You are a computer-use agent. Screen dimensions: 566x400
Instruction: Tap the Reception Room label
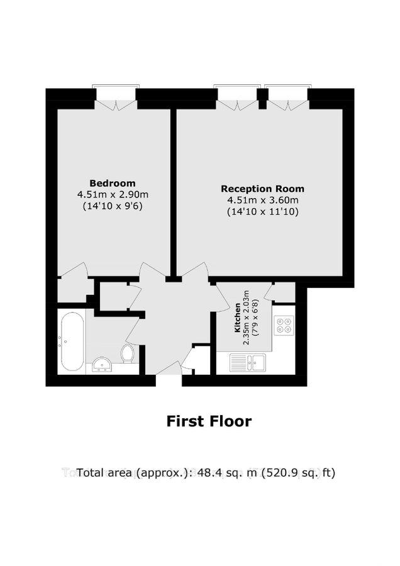click(x=262, y=189)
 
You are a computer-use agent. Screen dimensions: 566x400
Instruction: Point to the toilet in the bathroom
click(x=128, y=353)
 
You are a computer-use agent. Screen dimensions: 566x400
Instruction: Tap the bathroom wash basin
click(x=101, y=364)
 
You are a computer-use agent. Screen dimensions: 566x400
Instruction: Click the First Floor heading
click(x=208, y=421)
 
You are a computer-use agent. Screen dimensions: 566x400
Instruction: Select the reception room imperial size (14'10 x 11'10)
click(x=262, y=212)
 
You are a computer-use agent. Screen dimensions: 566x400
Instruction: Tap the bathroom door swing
click(x=133, y=327)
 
